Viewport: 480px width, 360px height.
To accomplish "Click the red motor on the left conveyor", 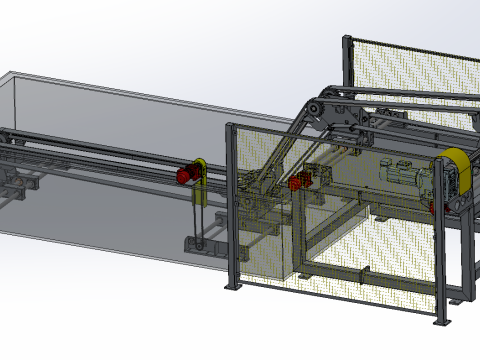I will [x=185, y=175].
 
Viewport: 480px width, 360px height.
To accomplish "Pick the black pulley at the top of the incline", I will [x=317, y=111].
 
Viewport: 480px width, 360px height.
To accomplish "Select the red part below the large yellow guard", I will [x=433, y=207].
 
